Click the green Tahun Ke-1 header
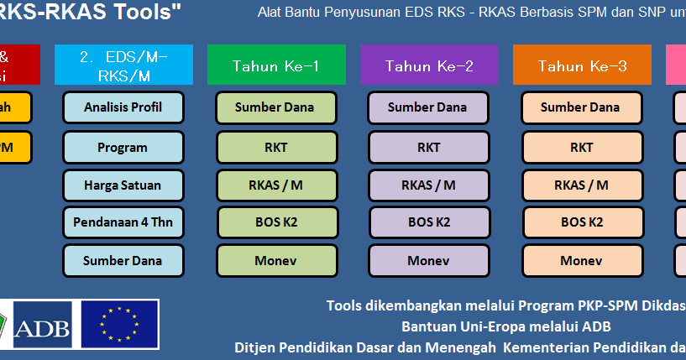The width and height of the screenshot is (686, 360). [x=276, y=65]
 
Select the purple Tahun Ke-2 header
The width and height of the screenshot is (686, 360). [x=429, y=65]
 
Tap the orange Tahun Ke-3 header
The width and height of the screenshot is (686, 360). [x=582, y=65]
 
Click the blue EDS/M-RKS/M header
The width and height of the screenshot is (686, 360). [x=123, y=65]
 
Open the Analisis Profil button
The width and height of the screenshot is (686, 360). [x=123, y=107]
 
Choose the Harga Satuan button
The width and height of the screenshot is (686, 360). [x=123, y=185]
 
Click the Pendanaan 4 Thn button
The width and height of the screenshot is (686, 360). [x=123, y=222]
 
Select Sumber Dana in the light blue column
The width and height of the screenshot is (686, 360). [x=123, y=260]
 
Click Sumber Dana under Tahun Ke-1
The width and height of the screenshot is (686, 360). [x=276, y=107]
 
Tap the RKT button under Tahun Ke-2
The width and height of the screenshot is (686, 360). [x=428, y=147]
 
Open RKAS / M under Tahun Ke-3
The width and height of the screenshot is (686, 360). [x=581, y=185]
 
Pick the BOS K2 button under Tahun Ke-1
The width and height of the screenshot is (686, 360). [x=276, y=222]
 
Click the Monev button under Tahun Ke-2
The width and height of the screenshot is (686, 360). [x=428, y=260]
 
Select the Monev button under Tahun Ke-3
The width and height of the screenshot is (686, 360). [x=581, y=260]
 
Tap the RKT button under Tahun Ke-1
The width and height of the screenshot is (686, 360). [x=276, y=147]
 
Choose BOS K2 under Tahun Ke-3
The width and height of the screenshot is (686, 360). [x=581, y=222]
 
